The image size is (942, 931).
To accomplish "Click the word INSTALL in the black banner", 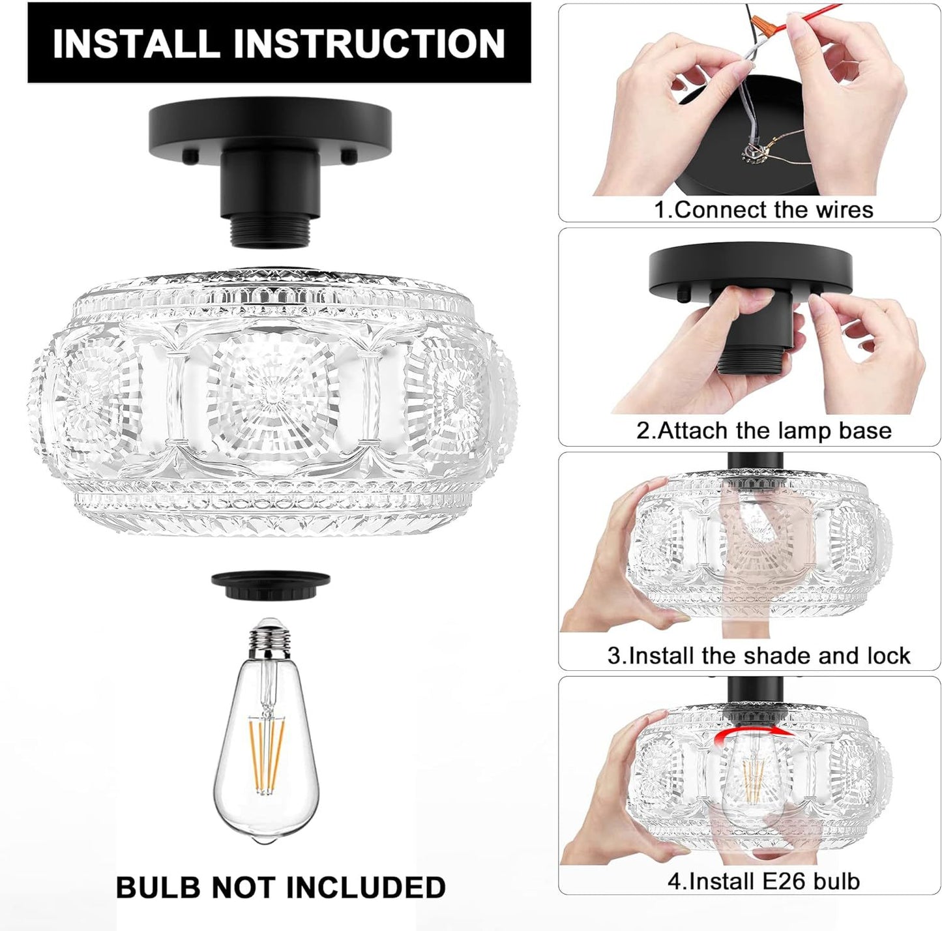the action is (x=136, y=43).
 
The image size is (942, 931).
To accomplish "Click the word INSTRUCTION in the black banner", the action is (x=369, y=43).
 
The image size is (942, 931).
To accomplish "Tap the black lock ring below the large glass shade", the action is (x=271, y=585).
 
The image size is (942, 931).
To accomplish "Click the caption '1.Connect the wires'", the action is (x=763, y=210).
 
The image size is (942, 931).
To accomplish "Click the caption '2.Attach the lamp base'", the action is (x=763, y=431).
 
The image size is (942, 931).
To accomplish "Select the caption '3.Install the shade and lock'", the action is (x=759, y=656).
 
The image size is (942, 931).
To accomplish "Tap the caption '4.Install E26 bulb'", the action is (x=763, y=881).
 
